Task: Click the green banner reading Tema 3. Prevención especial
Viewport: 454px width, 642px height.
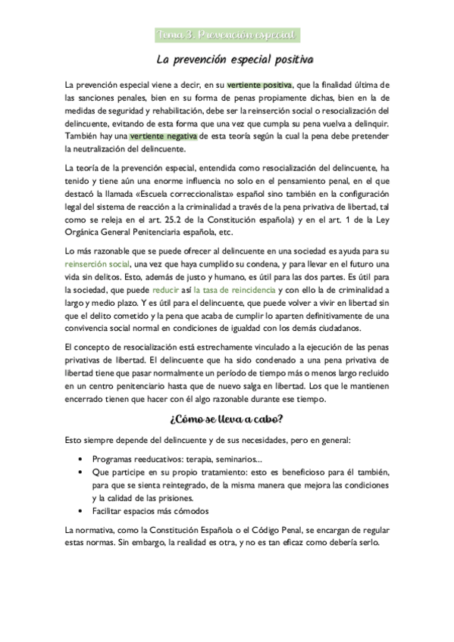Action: click(x=226, y=35)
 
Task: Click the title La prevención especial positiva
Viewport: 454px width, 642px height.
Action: click(x=227, y=58)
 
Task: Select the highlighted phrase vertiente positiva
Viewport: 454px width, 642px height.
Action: click(x=258, y=85)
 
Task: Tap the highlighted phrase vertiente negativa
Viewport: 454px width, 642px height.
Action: click(x=163, y=136)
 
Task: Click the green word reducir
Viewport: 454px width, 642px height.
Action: click(x=165, y=289)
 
